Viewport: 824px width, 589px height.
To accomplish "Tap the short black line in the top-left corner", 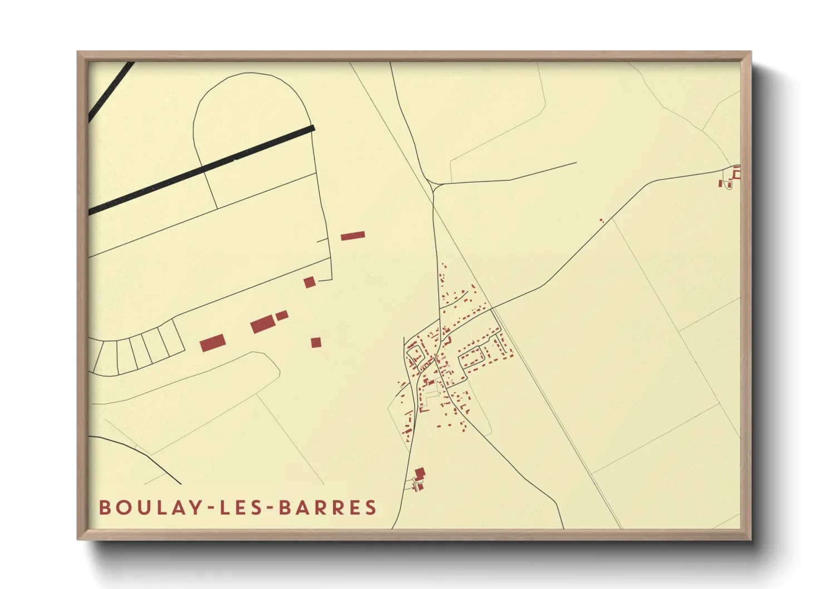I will [x=111, y=92].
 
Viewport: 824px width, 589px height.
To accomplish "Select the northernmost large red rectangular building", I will [x=352, y=235].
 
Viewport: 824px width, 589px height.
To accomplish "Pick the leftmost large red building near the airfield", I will [x=212, y=343].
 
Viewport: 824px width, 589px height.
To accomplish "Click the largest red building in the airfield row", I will [x=263, y=324].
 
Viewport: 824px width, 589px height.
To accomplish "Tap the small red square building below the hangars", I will [x=316, y=342].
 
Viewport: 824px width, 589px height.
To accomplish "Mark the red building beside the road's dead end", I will [x=310, y=282].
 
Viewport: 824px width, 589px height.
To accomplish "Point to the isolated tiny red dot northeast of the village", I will [x=601, y=220].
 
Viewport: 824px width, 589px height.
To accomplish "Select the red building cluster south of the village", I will [x=419, y=479].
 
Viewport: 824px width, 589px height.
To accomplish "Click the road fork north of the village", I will [x=433, y=187].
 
